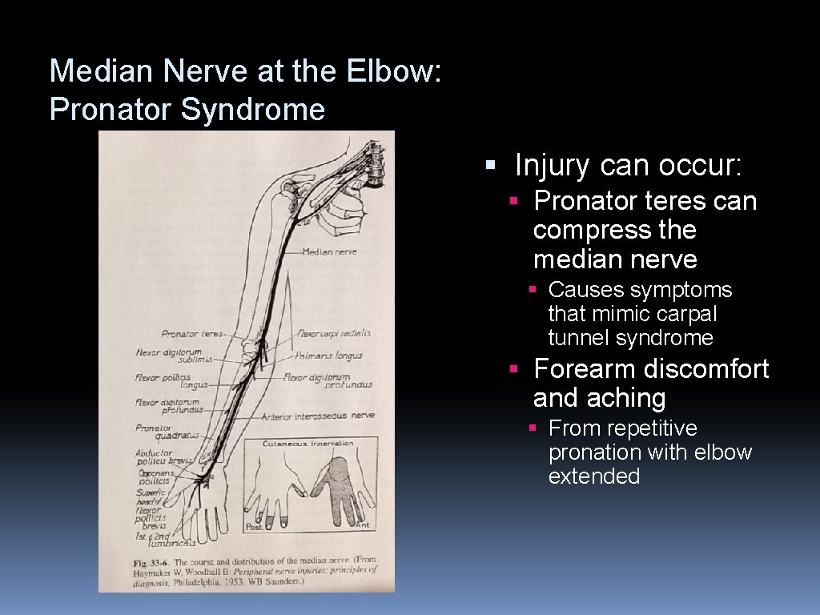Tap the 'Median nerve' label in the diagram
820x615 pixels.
click(x=329, y=252)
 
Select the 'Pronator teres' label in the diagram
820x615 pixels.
click(x=192, y=334)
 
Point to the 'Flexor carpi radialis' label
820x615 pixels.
click(x=334, y=333)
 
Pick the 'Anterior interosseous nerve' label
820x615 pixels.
click(x=318, y=416)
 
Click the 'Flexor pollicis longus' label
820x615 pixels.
click(x=164, y=381)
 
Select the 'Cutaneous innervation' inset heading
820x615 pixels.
click(x=308, y=443)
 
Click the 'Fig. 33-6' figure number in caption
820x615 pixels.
click(x=151, y=562)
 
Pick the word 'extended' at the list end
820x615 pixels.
click(x=593, y=476)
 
